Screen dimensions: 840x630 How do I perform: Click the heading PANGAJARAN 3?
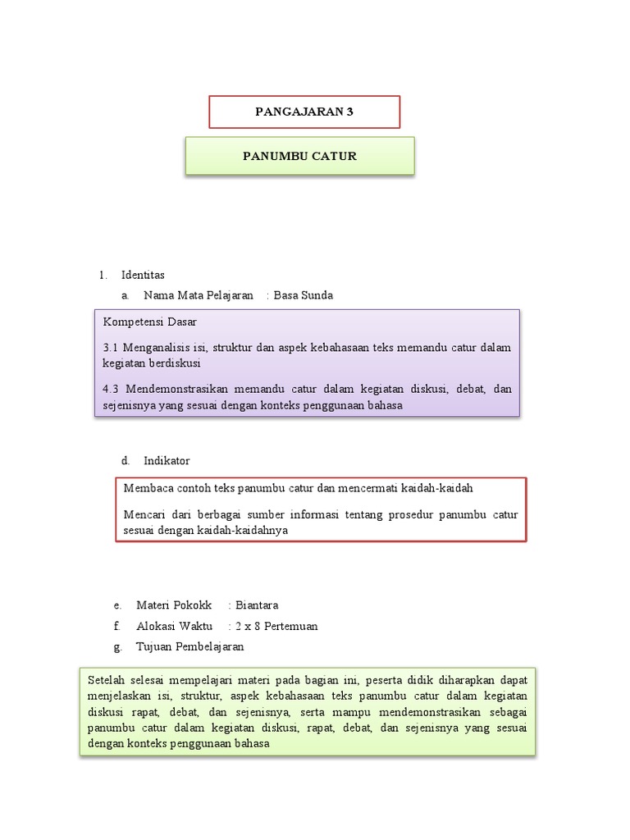point(304,112)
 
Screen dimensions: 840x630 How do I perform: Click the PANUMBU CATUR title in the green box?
point(299,156)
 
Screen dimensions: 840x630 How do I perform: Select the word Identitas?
point(143,275)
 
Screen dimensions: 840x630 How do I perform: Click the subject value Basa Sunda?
point(303,295)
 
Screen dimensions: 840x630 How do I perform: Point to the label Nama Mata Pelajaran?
point(198,295)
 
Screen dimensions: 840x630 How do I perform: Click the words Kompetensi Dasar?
point(149,322)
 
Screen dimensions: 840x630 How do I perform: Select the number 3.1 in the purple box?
point(112,348)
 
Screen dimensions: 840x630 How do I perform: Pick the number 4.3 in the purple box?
point(112,390)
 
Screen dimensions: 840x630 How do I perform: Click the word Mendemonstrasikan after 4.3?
point(174,390)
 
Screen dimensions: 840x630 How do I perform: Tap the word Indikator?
point(167,461)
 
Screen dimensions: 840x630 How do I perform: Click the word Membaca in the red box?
point(145,488)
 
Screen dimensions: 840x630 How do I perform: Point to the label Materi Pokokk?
point(174,605)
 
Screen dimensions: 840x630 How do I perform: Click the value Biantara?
point(257,605)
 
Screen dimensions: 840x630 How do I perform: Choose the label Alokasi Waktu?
point(174,626)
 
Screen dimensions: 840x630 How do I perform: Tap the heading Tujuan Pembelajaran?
point(189,646)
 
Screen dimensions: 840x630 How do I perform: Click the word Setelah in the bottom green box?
point(105,681)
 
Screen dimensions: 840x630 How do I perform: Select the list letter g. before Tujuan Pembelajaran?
point(118,646)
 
